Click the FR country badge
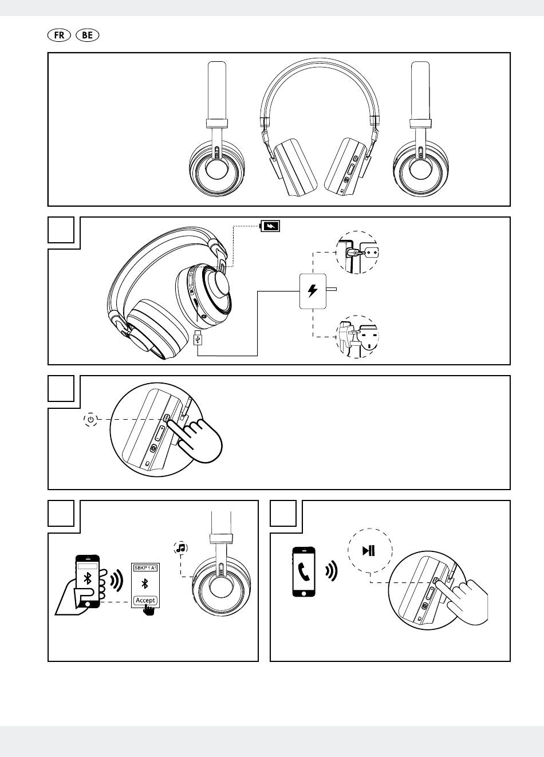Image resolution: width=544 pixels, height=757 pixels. point(59,36)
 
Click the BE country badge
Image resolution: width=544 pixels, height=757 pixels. point(87,36)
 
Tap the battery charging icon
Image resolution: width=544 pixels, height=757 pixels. point(270,226)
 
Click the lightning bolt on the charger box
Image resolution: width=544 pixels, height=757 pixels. point(313,291)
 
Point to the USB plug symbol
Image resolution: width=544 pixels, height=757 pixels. point(198,340)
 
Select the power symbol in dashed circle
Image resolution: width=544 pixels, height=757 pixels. point(90,420)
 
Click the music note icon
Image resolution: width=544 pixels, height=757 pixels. point(180,548)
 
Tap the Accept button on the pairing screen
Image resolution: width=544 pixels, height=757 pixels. point(145,600)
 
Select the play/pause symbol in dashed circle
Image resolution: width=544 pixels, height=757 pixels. point(369,551)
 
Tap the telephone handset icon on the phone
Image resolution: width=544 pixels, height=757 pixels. point(303,572)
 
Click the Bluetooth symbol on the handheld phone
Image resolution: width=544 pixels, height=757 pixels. point(88,578)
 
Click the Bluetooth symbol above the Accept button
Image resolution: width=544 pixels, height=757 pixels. point(145,583)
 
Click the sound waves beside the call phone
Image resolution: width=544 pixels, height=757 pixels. point(332,571)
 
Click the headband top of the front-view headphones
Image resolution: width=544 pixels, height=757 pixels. point(320,64)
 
